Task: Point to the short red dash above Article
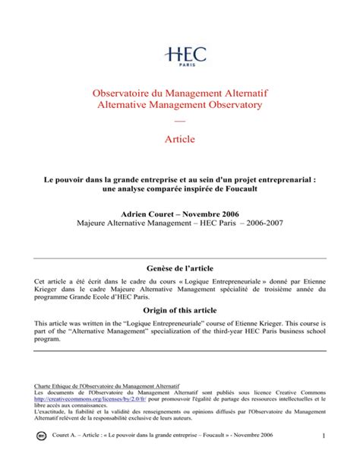coord(179,121)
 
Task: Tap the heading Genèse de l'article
coord(179,271)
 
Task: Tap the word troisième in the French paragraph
coord(276,290)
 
